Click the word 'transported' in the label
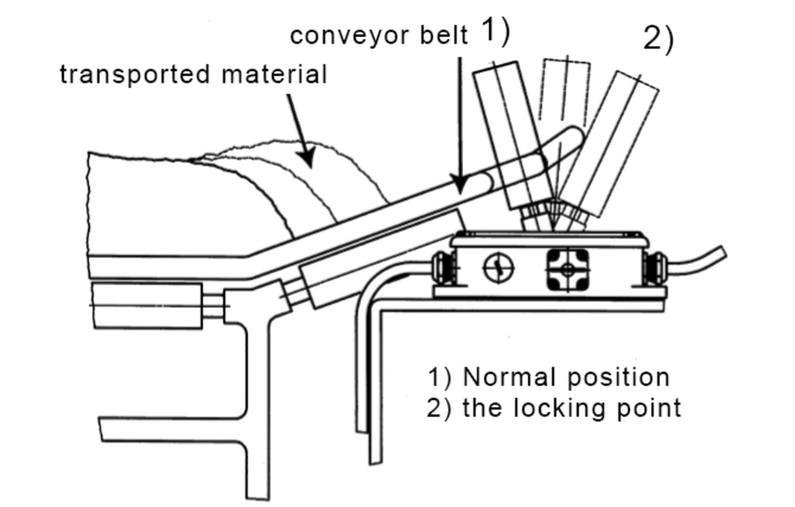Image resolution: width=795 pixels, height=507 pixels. pos(137,74)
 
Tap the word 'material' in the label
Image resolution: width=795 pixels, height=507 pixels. pos(274,74)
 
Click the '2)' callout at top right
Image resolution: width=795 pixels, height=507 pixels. pos(658,39)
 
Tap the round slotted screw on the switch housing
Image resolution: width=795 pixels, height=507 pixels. pos(499,268)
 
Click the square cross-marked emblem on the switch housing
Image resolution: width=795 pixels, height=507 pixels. pos(567,270)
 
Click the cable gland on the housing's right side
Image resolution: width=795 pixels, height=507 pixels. pos(652,266)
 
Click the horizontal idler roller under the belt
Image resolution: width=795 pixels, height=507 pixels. pos(147,306)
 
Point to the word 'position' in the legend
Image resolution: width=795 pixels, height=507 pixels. pos(619,377)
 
